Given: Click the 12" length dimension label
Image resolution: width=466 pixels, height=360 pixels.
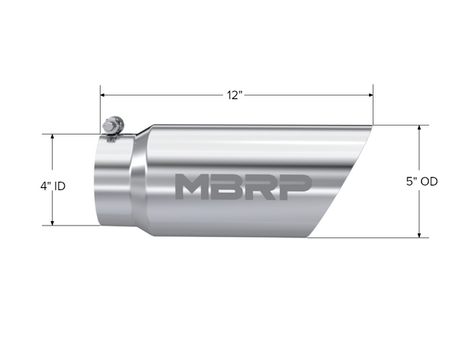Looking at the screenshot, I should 235,95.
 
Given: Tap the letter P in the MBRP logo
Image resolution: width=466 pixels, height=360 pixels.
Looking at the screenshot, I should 294,186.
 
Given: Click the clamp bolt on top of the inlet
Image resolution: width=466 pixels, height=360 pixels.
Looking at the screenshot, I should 112,126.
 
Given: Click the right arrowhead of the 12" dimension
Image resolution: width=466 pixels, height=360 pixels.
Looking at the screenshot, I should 370,95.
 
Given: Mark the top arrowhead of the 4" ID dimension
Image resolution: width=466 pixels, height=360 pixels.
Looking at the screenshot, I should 52,138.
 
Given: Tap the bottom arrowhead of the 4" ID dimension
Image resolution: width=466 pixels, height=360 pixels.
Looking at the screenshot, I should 52,222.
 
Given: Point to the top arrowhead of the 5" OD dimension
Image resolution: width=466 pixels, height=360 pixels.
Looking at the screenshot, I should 418,129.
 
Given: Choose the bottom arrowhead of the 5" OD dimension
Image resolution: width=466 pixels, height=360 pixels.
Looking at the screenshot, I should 418,234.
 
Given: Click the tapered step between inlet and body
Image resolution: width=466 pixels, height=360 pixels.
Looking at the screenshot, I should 139,180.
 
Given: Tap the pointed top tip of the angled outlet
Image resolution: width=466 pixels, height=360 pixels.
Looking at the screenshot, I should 372,126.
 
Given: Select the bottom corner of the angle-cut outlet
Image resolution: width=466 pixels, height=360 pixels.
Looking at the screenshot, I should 307,236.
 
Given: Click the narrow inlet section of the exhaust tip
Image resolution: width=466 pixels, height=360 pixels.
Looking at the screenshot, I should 113,180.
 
